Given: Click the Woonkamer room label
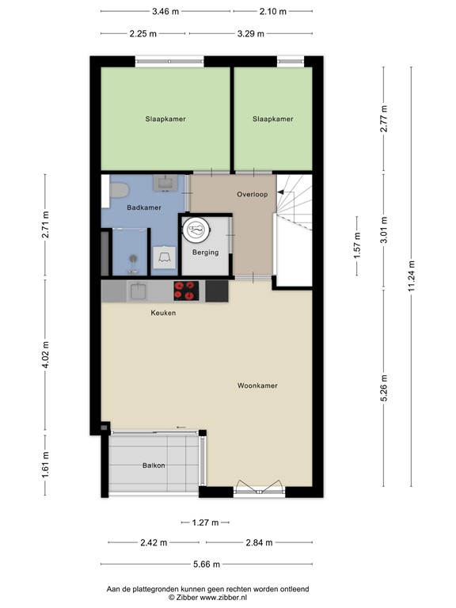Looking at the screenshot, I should [257, 386].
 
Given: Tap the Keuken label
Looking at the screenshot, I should [163, 313].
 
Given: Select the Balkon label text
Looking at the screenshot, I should [154, 465].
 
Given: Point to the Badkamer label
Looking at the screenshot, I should [144, 207].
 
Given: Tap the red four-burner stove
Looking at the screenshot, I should [188, 291].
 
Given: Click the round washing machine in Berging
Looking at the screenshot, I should [196, 230].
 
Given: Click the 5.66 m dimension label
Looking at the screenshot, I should [207, 564].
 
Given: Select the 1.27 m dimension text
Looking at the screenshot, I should [205, 522].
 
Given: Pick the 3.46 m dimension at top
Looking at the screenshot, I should [165, 12].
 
